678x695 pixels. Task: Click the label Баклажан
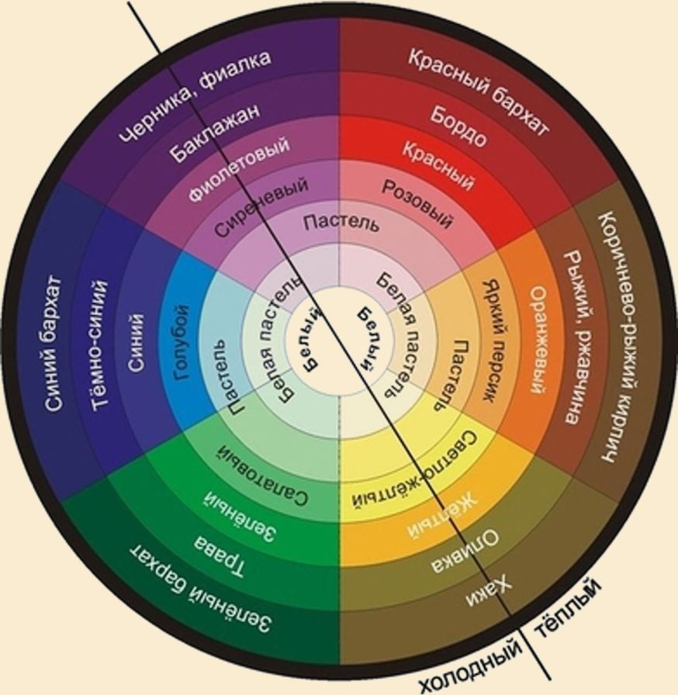click(x=214, y=133)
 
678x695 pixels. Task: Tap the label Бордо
click(x=458, y=126)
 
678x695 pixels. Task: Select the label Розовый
click(x=417, y=204)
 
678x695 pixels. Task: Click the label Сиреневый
click(x=261, y=206)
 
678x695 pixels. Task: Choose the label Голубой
click(x=182, y=343)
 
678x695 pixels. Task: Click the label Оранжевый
click(x=538, y=340)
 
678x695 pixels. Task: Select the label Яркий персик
click(x=493, y=341)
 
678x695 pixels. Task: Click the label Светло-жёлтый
click(x=415, y=471)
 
